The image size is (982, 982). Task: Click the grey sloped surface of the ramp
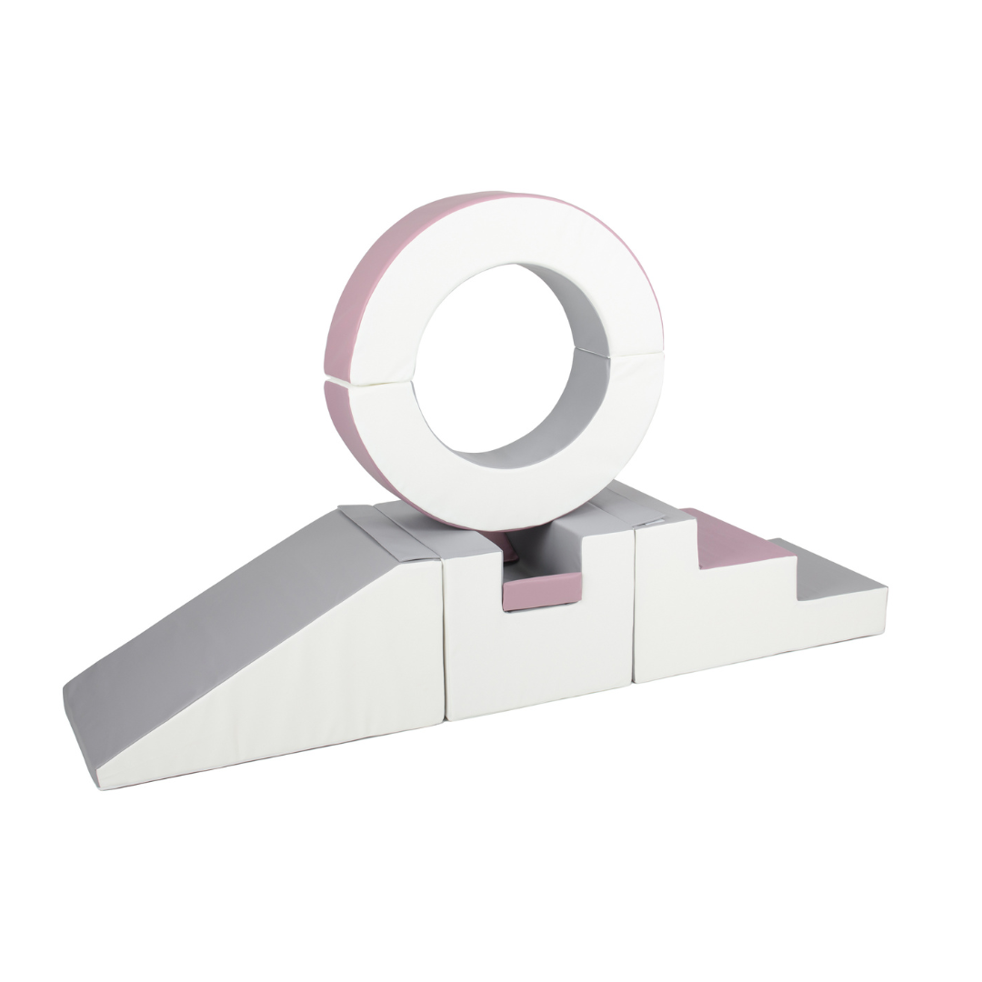coord(227,618)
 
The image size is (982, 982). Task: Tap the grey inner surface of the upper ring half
coord(582,309)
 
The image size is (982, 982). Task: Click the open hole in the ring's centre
coord(491,364)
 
